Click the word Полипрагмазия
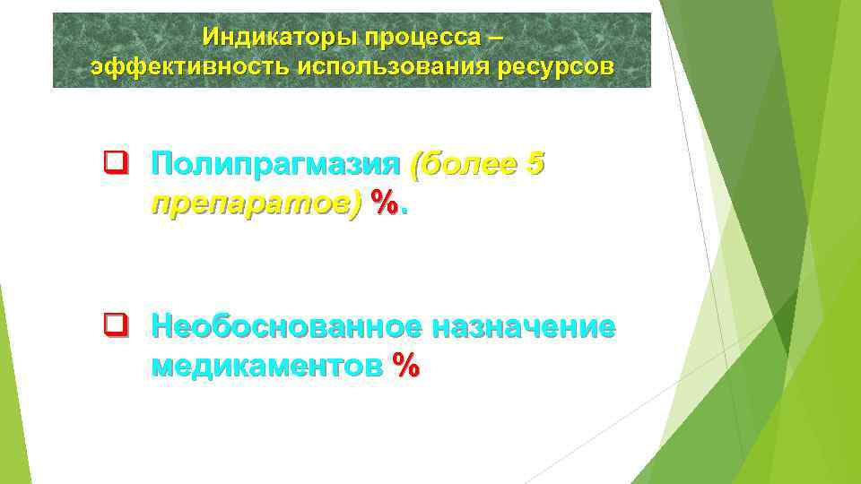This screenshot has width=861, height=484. tap(274, 165)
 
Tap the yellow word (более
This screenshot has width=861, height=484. tap(457, 165)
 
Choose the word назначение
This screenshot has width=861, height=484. tap(523, 327)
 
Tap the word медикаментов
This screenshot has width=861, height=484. tap(267, 365)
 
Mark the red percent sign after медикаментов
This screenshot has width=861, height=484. tap(404, 366)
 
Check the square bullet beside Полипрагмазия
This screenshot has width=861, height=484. tap(113, 164)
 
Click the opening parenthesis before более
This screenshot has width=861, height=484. tap(413, 166)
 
